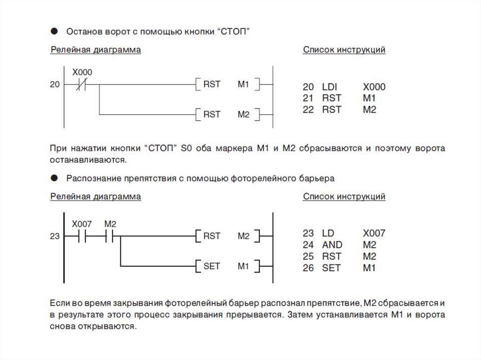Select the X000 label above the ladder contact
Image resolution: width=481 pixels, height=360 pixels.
pos(82,72)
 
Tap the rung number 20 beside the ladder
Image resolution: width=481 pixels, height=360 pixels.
pos(55,85)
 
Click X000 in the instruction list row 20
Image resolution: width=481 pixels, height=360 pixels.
pos(374,87)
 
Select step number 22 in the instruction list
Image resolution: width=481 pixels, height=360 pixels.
pos(308,109)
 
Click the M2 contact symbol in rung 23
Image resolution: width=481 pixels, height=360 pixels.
pos(110,237)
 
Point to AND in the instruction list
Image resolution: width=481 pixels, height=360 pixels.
pos(332,245)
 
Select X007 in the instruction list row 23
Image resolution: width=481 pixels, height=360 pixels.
pos(374,233)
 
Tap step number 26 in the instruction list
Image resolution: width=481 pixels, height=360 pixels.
pos(308,268)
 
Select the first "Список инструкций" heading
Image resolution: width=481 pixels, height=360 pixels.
pos(344,50)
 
